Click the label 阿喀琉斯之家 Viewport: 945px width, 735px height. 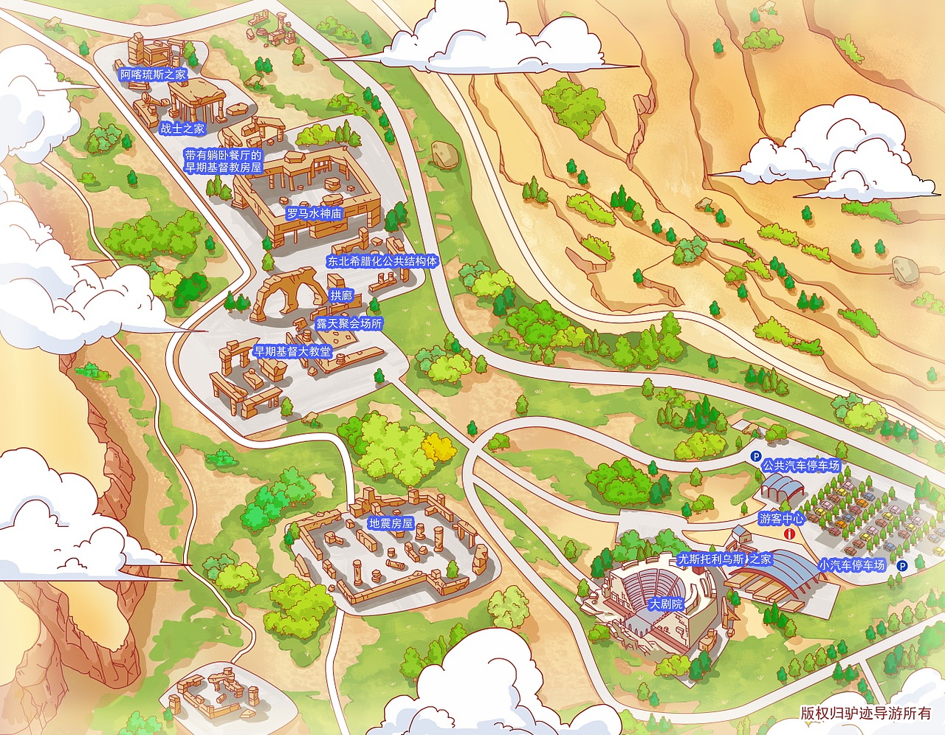pos(154,75)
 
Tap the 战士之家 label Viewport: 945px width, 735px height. pos(182,128)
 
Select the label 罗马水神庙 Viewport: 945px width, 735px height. pos(314,213)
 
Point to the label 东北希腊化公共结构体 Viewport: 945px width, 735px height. pos(382,260)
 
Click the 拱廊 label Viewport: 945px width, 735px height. pos(341,295)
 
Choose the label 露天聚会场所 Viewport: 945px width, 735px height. pos(349,323)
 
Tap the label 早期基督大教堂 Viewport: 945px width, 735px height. pos(292,351)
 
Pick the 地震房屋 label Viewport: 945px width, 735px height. pos(391,523)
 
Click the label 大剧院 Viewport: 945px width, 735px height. pos(665,604)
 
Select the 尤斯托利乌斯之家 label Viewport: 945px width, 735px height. pos(724,559)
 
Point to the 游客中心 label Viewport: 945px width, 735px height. pos(782,519)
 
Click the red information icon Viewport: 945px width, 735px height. pos(790,534)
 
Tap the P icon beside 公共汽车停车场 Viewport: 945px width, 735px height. pos(755,457)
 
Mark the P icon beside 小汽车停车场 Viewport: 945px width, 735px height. pos(901,566)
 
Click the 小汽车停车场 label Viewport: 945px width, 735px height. pos(851,565)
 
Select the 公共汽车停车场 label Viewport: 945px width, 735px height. pos(801,466)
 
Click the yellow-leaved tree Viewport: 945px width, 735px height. pos(439,446)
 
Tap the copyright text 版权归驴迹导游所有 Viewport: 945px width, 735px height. pos(865,713)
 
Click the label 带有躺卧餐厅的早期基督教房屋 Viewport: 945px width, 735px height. pos(224,162)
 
